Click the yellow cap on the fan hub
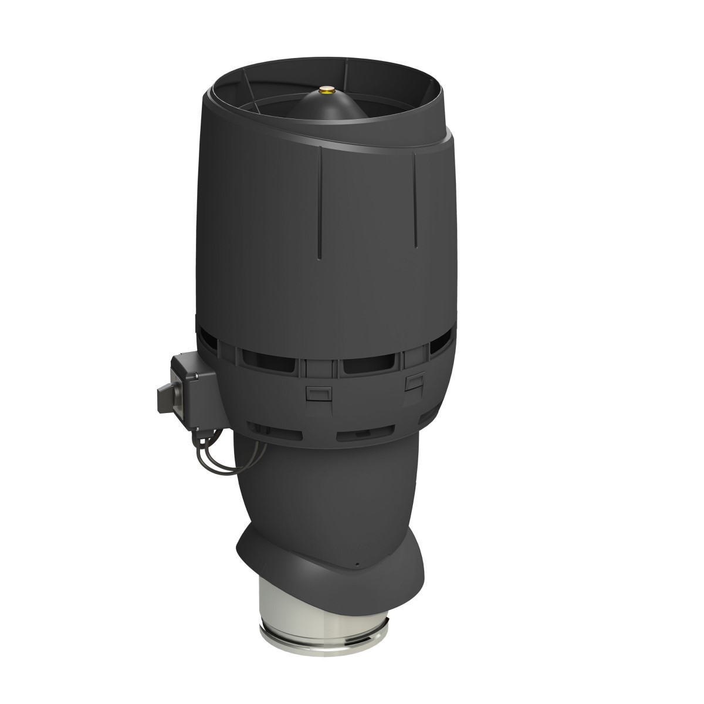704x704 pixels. tap(324, 90)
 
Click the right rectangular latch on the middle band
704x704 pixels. tap(415, 383)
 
